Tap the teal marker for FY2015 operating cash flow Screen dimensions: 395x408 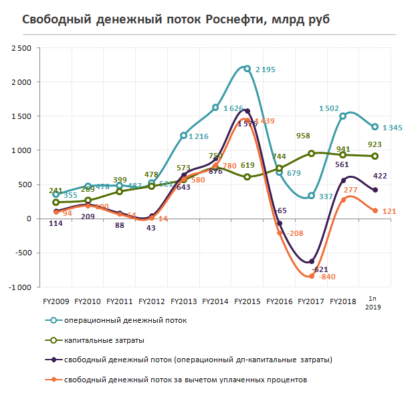coord(247,68)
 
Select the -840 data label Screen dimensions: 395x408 coord(328,277)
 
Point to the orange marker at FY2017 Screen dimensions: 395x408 coord(311,275)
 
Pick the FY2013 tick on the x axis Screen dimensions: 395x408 coord(184,301)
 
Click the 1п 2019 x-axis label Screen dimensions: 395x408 coord(375,303)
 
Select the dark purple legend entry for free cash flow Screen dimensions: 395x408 coord(198,360)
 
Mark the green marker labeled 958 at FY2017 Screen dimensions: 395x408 coord(311,153)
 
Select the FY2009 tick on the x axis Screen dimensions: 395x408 coord(56,301)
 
